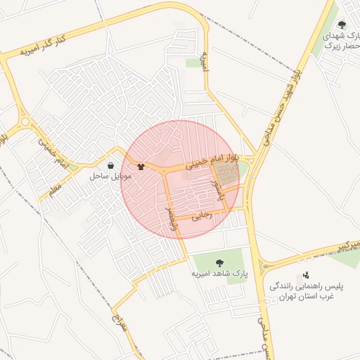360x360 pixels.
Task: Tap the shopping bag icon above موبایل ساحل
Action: pyautogui.click(x=111, y=165)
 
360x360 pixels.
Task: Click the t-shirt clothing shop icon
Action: pyautogui.click(x=141, y=167)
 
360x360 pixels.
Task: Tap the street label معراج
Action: pyautogui.click(x=117, y=326)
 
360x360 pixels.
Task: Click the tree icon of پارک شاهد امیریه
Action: pyautogui.click(x=219, y=263)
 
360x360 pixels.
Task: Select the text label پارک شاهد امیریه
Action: pyautogui.click(x=219, y=274)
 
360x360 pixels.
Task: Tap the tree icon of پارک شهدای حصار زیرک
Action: pyautogui.click(x=342, y=25)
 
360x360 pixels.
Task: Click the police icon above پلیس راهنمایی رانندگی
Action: pyautogui.click(x=306, y=276)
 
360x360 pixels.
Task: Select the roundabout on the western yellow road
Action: pyautogui.click(x=27, y=122)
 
